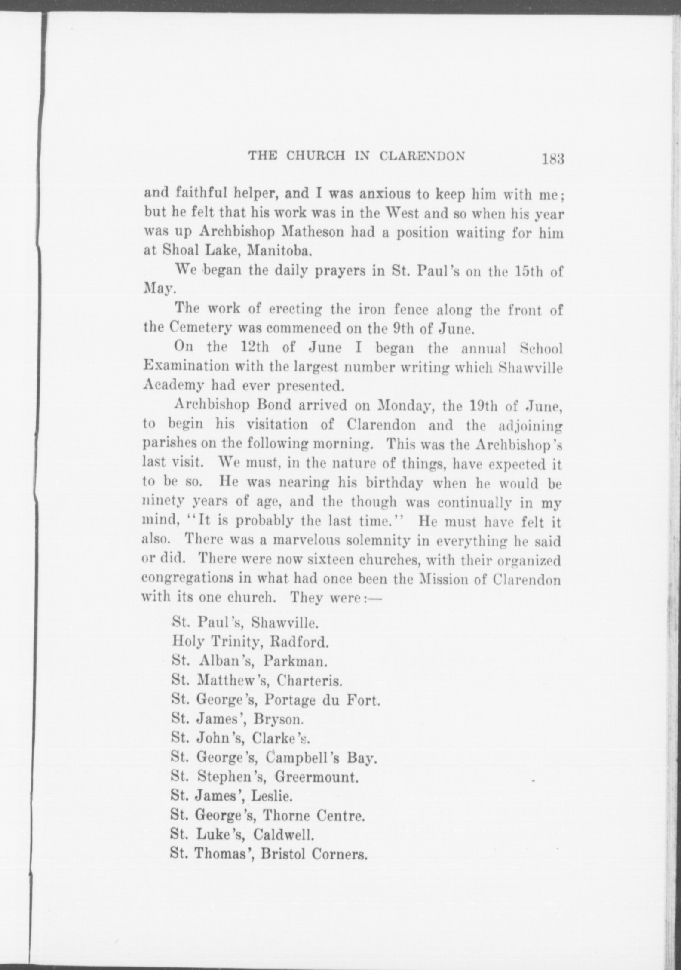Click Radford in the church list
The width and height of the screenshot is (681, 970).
tap(299, 642)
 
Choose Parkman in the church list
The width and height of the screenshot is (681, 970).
tap(294, 661)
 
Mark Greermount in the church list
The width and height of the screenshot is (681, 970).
tap(316, 777)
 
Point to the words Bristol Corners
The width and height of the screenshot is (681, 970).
tap(314, 854)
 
